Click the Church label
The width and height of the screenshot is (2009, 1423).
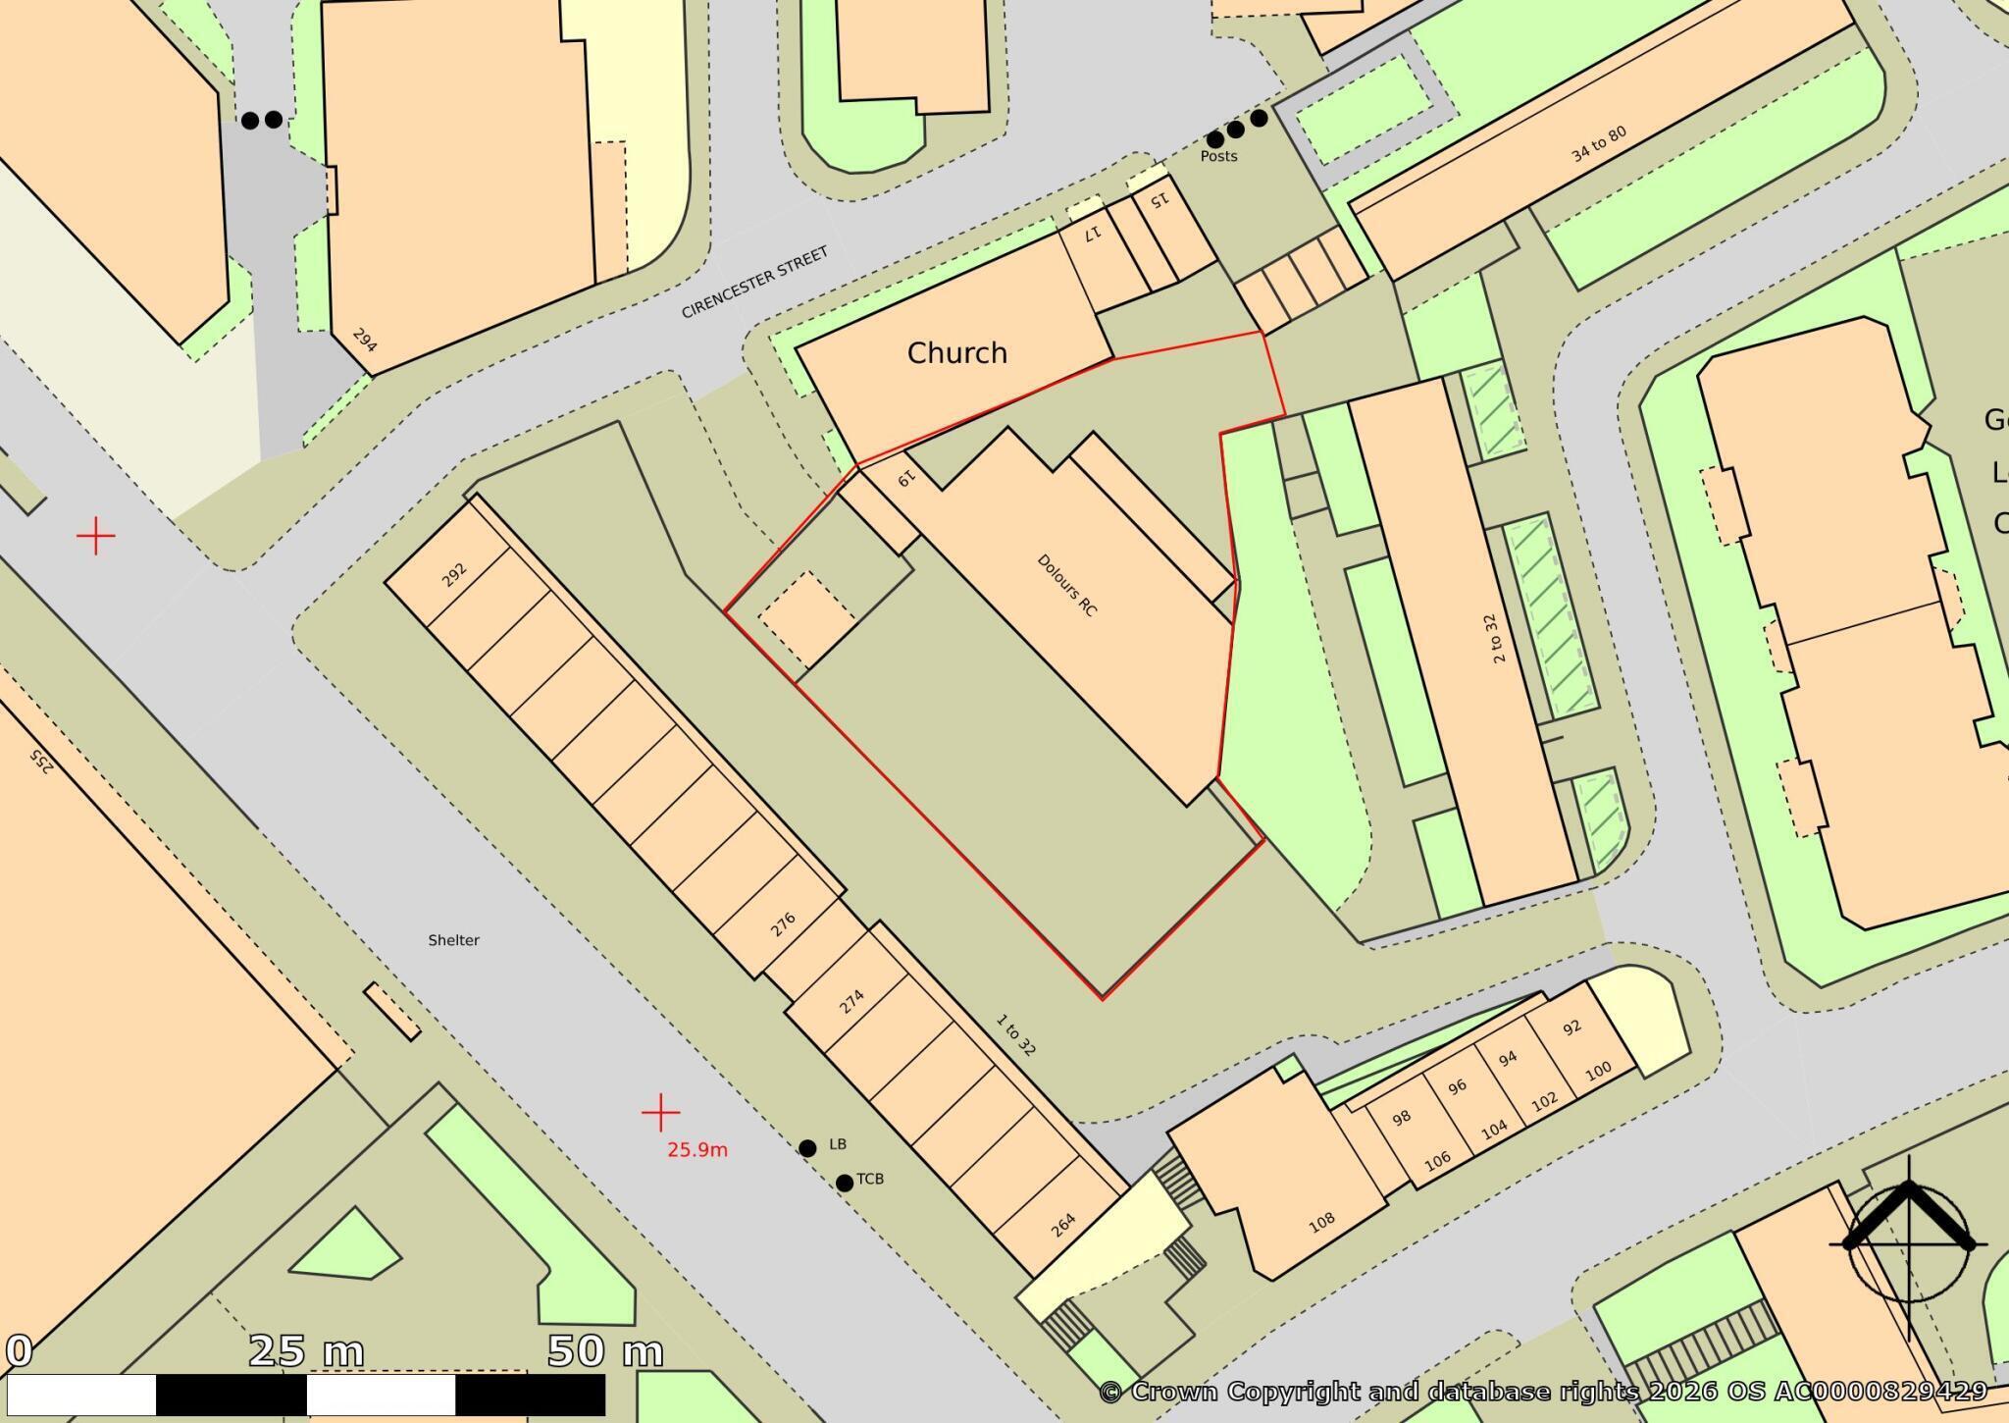pyautogui.click(x=956, y=353)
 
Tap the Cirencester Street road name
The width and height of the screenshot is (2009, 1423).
pyautogui.click(x=754, y=282)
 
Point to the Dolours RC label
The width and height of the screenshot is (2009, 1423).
pyautogui.click(x=1067, y=585)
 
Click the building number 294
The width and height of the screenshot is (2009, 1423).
pyautogui.click(x=364, y=341)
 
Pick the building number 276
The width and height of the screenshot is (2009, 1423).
pyautogui.click(x=783, y=924)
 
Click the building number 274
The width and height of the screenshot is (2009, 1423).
pyautogui.click(x=851, y=1002)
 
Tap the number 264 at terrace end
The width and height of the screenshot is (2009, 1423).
pyautogui.click(x=1063, y=1225)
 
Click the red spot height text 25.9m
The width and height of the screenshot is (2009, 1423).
pyautogui.click(x=697, y=1150)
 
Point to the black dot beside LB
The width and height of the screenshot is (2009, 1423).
pyautogui.click(x=807, y=1148)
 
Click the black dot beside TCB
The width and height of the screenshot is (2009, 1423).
pyautogui.click(x=844, y=1184)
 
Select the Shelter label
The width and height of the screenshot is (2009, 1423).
pyautogui.click(x=453, y=940)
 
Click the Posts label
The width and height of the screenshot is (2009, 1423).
pyautogui.click(x=1218, y=157)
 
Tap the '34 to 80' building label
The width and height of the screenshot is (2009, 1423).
pyautogui.click(x=1598, y=144)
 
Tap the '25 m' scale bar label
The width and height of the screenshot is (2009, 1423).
pyautogui.click(x=306, y=1351)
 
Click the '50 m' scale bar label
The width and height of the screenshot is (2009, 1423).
pyautogui.click(x=604, y=1351)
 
